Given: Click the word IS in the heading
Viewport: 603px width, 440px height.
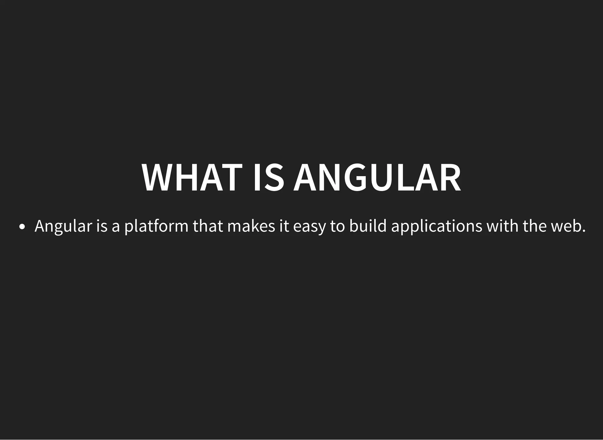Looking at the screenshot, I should point(269,178).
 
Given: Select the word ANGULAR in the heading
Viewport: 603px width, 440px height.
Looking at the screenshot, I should point(377,178).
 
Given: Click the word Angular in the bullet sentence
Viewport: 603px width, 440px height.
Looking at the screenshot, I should point(63,226).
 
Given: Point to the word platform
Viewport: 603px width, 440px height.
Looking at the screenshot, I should point(156,226).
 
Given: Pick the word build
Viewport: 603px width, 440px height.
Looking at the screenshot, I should point(367,226).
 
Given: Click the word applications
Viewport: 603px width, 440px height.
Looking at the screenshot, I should point(437,226).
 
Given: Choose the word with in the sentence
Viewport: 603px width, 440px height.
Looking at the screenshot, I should point(502,226).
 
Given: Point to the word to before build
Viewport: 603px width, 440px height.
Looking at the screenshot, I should point(337,226).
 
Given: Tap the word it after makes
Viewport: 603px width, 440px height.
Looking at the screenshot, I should point(284,226).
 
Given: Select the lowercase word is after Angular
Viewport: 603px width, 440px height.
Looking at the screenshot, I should point(102,226).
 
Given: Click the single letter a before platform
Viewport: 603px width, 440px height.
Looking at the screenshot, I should point(116,226).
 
